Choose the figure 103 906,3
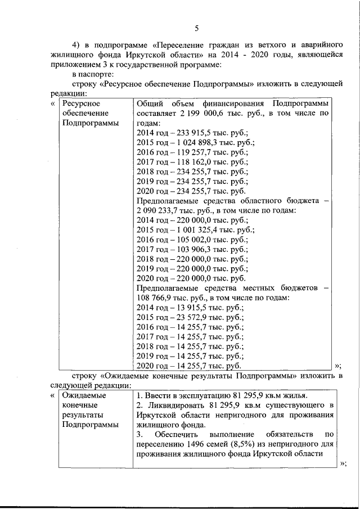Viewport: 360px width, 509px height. point(191,249)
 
